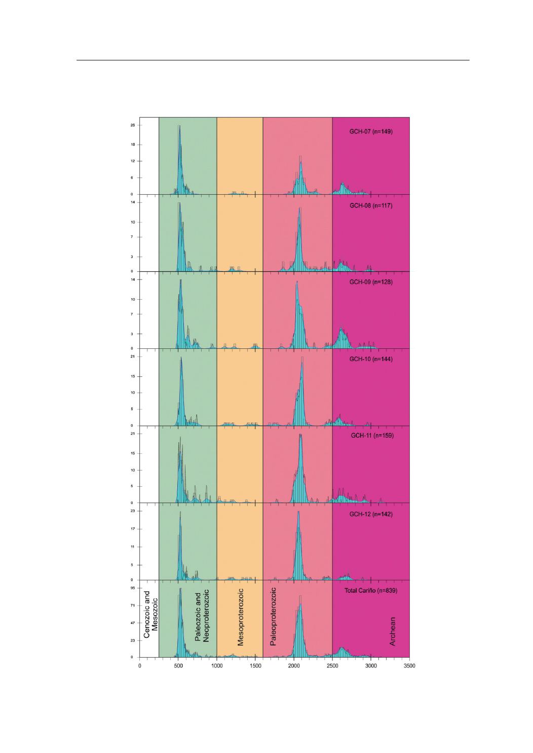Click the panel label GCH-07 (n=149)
375,132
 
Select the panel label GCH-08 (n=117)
375,206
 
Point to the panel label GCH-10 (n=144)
375,359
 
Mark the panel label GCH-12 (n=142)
375,514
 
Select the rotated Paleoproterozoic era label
273,617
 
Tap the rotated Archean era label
392,631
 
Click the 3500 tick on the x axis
409,666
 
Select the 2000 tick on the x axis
294,666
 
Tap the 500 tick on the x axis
178,666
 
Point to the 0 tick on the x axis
140,666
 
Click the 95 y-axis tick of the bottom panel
132,588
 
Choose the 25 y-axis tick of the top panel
132,125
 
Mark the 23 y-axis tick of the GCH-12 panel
132,511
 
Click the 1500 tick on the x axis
255,666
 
